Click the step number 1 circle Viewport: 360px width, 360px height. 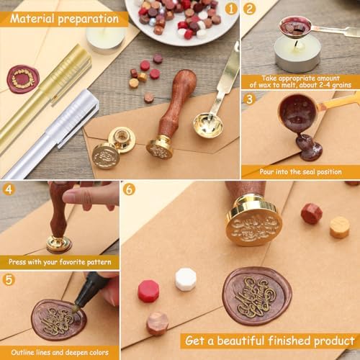(231, 9)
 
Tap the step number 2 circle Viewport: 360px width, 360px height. (250, 9)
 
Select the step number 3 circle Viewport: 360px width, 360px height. (250, 99)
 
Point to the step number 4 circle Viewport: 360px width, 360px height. (9, 189)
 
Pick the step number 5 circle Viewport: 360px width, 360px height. (9, 279)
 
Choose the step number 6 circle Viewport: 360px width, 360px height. (130, 189)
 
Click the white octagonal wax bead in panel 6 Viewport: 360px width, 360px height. (186, 279)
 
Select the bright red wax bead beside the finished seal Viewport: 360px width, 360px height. (148, 291)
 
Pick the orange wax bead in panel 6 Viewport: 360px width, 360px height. (339, 228)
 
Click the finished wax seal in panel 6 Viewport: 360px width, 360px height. (256, 295)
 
